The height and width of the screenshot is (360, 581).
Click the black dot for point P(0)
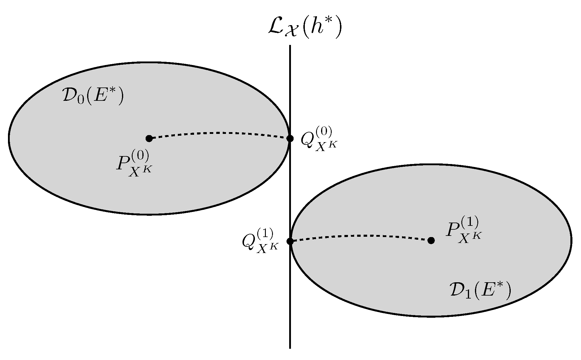(149, 138)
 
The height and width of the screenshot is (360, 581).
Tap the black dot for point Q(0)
(290, 138)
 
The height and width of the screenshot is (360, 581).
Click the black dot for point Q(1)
(290, 241)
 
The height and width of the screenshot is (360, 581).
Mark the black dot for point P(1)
(431, 241)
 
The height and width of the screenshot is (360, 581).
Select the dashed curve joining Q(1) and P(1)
(360, 236)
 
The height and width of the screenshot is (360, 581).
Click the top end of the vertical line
(290, 46)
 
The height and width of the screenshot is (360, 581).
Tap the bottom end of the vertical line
(290, 348)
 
